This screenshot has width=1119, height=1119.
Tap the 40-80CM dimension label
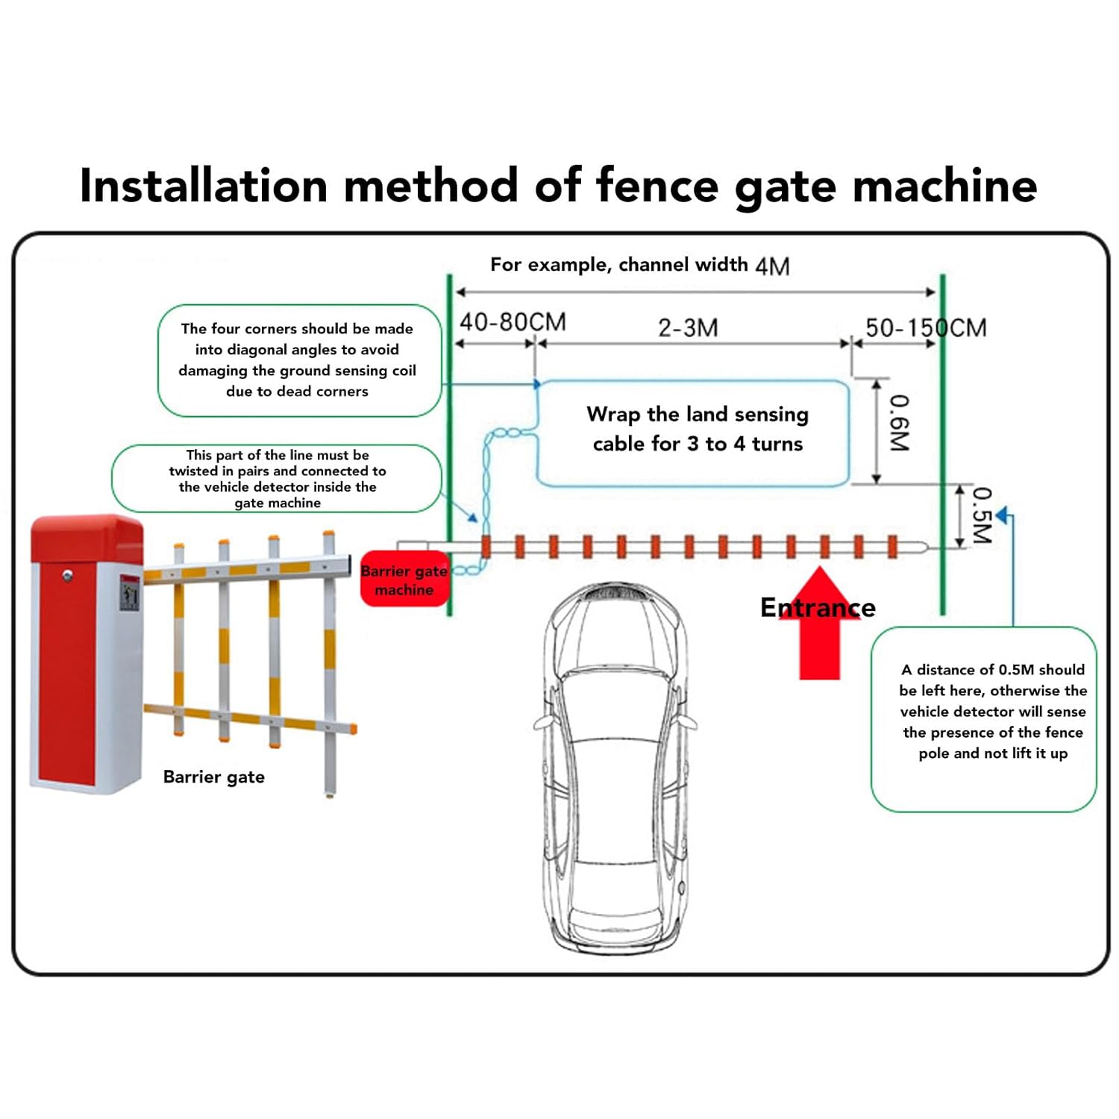click(513, 322)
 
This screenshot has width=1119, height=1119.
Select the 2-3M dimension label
click(688, 327)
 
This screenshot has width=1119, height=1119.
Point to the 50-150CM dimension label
click(925, 327)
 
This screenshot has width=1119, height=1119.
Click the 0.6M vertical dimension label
click(900, 423)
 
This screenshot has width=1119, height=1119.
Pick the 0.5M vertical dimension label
click(982, 515)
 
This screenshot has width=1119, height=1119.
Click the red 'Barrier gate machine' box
click(404, 580)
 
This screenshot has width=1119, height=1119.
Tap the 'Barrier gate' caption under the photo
click(213, 777)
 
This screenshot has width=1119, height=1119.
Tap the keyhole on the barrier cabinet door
click(67, 576)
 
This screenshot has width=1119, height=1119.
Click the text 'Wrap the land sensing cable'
click(697, 429)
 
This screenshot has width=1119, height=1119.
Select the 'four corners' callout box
click(298, 360)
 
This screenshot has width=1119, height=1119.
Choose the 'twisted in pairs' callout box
click(277, 478)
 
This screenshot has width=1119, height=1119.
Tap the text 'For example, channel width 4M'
click(639, 265)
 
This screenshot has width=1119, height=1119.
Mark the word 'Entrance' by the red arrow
click(818, 607)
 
